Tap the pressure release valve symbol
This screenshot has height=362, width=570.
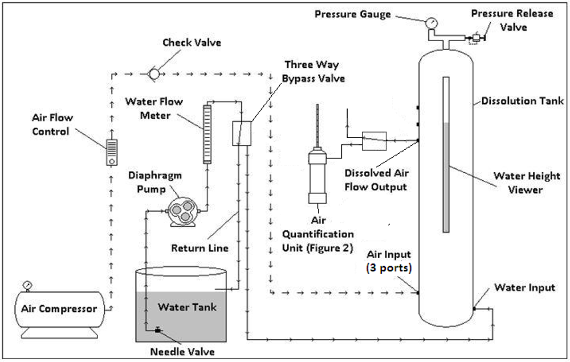474,38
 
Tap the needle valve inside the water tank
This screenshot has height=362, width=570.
157,330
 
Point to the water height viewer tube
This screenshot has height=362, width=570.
445,154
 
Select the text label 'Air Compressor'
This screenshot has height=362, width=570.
59,309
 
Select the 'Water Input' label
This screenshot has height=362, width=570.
524,287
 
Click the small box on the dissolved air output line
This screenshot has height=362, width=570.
374,140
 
